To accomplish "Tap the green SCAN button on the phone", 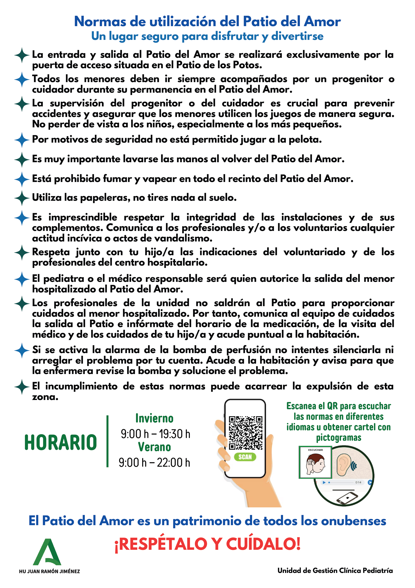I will coord(245,457).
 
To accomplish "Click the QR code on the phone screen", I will coord(246,433).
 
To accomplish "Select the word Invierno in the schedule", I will coord(154,418).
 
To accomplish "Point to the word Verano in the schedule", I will coord(154,447).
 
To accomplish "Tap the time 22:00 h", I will coord(173,462).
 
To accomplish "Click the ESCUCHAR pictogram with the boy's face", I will coord(315,462).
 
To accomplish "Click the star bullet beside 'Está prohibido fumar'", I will coord(22,179).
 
